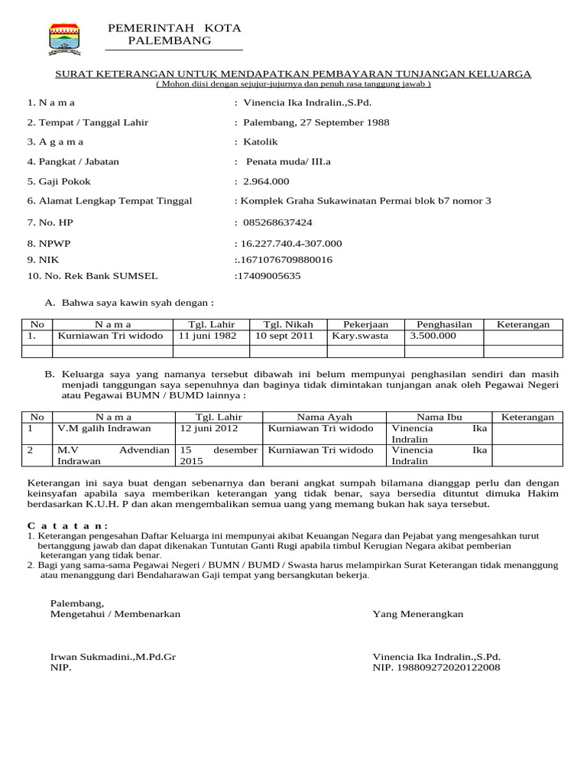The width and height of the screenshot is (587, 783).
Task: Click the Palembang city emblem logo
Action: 64,38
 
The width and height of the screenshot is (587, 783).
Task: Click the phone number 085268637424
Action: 277,223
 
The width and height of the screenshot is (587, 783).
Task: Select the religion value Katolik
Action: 261,141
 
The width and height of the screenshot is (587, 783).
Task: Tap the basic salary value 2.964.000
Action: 266,181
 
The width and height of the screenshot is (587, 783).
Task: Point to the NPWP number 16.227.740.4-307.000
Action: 290,243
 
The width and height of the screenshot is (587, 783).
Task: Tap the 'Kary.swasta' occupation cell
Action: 360,336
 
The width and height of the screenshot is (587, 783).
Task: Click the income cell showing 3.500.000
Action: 433,336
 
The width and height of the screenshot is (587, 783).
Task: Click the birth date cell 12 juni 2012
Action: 205,428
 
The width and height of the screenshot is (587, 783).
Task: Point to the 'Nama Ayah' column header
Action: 324,417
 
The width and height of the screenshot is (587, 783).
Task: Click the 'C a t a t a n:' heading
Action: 67,526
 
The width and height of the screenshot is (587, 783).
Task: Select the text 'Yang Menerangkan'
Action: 417,614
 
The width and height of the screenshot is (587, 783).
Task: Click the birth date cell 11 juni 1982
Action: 207,336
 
